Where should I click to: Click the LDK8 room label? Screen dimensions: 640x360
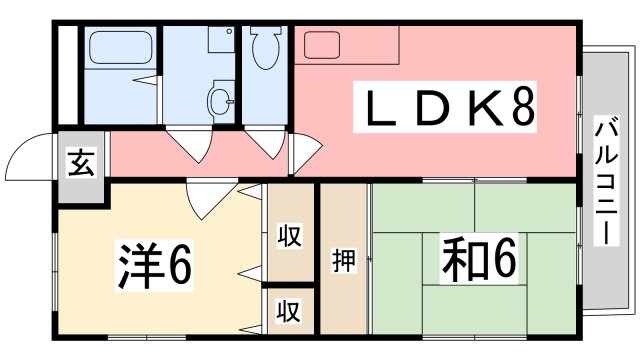(x=448, y=107)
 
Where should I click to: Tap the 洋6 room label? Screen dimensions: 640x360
(x=150, y=263)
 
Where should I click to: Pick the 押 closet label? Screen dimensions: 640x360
(x=341, y=260)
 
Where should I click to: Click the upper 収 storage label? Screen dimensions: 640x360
(x=289, y=237)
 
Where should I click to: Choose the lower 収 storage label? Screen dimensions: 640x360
(x=289, y=311)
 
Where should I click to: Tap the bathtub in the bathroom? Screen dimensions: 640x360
(x=119, y=49)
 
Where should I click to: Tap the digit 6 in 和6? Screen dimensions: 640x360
(x=501, y=259)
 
